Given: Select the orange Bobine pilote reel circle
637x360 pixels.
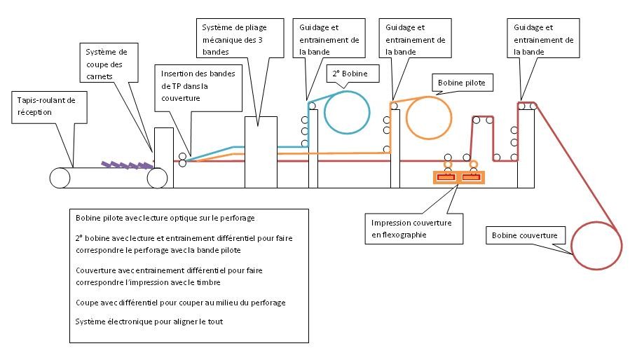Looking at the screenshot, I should [x=430, y=117].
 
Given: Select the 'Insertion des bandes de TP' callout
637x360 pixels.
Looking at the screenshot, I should [x=198, y=86].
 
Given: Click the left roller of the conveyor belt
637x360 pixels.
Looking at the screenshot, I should [x=60, y=178].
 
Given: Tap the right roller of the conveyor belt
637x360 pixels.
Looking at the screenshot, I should [x=157, y=178].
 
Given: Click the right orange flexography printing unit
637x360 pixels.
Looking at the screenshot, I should [x=472, y=177].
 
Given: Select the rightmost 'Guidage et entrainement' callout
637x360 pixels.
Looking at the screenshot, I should [x=543, y=39].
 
